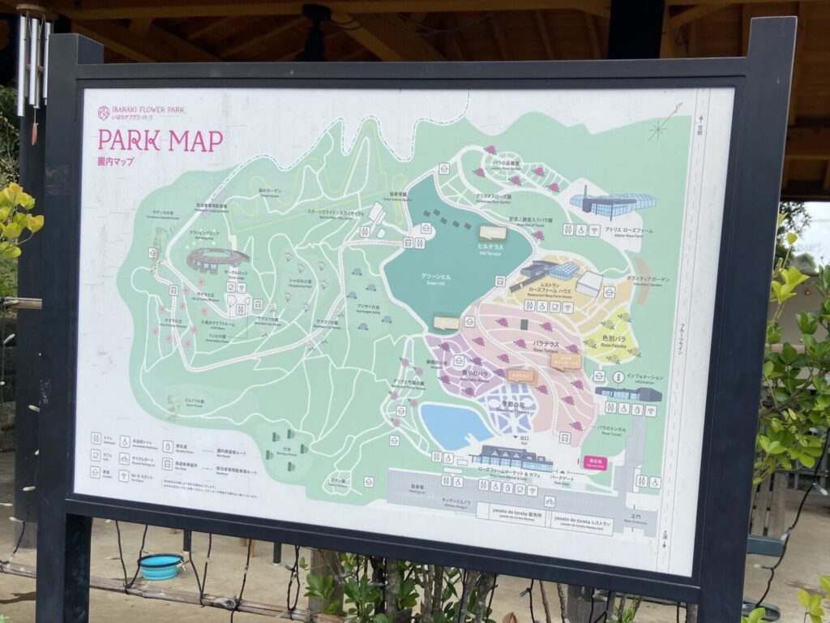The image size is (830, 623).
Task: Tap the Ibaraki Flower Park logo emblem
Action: pos(104,113)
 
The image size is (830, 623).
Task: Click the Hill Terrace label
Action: pos(491,248)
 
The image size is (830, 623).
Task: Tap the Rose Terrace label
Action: pos(545,346)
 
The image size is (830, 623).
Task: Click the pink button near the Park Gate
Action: pos(594,462)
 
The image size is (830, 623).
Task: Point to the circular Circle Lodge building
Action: pos(216,259)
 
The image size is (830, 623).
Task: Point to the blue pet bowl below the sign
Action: pos(160,566)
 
